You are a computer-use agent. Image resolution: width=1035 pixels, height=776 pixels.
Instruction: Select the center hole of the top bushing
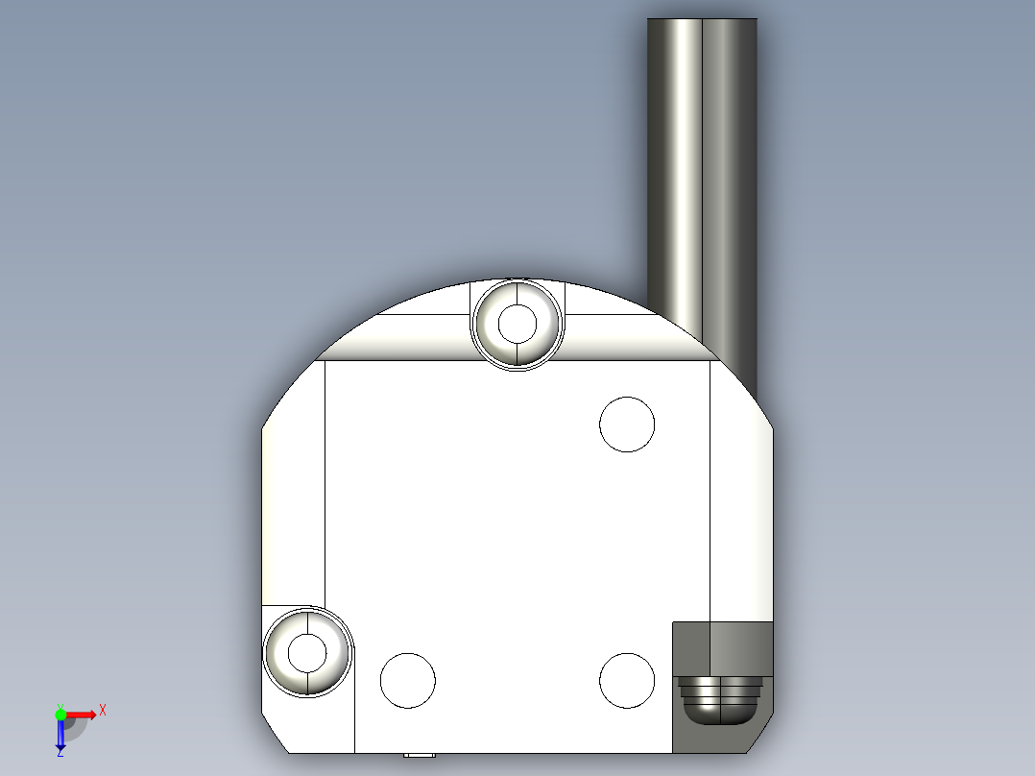[517, 324]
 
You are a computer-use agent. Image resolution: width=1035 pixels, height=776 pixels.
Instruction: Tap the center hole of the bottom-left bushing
[307, 653]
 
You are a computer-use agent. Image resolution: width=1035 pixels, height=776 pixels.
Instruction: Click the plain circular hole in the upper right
[627, 424]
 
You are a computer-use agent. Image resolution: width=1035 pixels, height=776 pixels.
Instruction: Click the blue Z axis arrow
[60, 736]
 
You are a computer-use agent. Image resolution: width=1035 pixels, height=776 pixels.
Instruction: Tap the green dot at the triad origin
[60, 714]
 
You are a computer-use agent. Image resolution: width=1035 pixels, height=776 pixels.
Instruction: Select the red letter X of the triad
[103, 711]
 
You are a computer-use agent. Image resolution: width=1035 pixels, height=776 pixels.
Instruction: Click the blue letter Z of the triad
[60, 753]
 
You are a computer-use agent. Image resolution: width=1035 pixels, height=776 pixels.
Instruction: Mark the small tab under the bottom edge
[419, 755]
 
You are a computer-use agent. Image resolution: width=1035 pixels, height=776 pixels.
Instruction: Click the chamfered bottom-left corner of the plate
[276, 735]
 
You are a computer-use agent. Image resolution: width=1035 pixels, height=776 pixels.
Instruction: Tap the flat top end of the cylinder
[702, 20]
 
